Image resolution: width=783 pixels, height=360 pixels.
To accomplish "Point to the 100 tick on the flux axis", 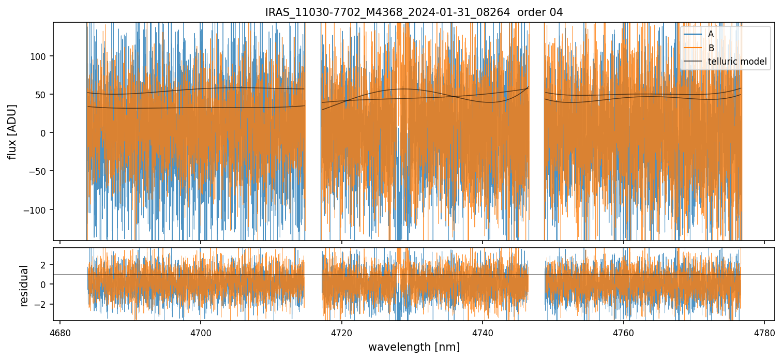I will (41, 56).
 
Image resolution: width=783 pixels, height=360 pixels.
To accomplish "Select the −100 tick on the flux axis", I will (38, 210).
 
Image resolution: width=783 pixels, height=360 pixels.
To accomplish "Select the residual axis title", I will (24, 286).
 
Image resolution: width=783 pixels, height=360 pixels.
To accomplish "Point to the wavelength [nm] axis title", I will (414, 347).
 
